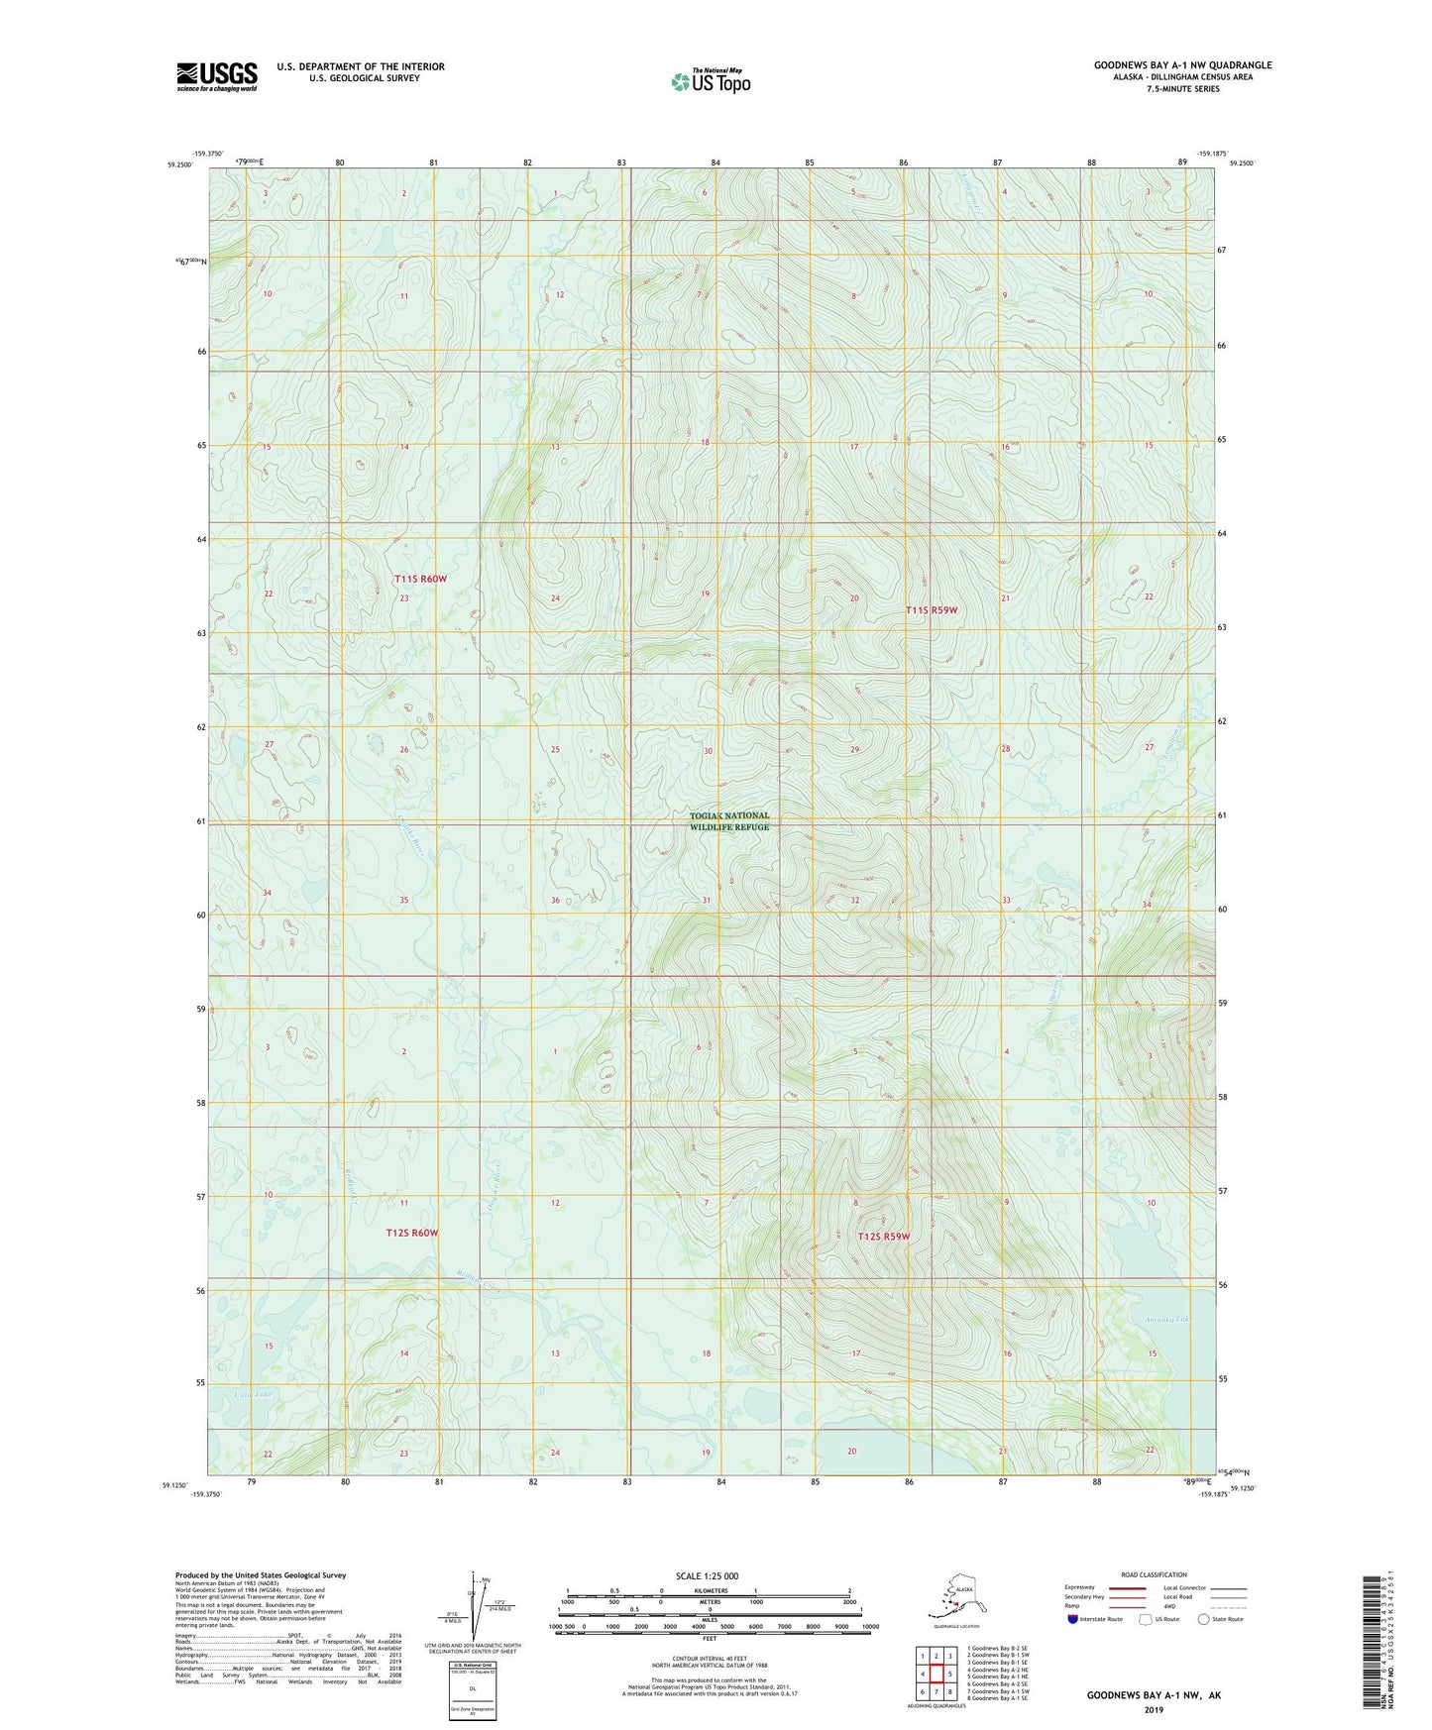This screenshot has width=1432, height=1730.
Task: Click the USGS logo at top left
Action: [216, 76]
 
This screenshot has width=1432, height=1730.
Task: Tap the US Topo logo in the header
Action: [710, 81]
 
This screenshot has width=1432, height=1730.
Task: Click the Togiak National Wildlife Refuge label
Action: [729, 821]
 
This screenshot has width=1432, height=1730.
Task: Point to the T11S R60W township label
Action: [420, 579]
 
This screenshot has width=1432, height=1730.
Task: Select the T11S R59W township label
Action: [932, 610]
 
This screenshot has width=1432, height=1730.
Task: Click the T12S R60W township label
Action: [411, 1233]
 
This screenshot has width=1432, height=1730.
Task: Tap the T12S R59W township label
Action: [883, 1237]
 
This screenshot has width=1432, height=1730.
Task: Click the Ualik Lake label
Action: [253, 1394]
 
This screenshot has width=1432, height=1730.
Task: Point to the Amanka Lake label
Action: [1166, 1319]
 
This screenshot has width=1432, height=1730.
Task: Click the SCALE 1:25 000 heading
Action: [708, 1575]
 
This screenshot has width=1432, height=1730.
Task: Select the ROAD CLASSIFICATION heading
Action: [1154, 1574]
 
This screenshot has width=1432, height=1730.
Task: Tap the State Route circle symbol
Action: [1204, 1619]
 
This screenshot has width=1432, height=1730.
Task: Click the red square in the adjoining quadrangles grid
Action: [936, 1675]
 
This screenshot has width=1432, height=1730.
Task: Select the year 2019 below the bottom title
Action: [1154, 1709]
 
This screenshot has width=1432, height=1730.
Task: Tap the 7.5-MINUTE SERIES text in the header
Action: [1182, 89]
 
